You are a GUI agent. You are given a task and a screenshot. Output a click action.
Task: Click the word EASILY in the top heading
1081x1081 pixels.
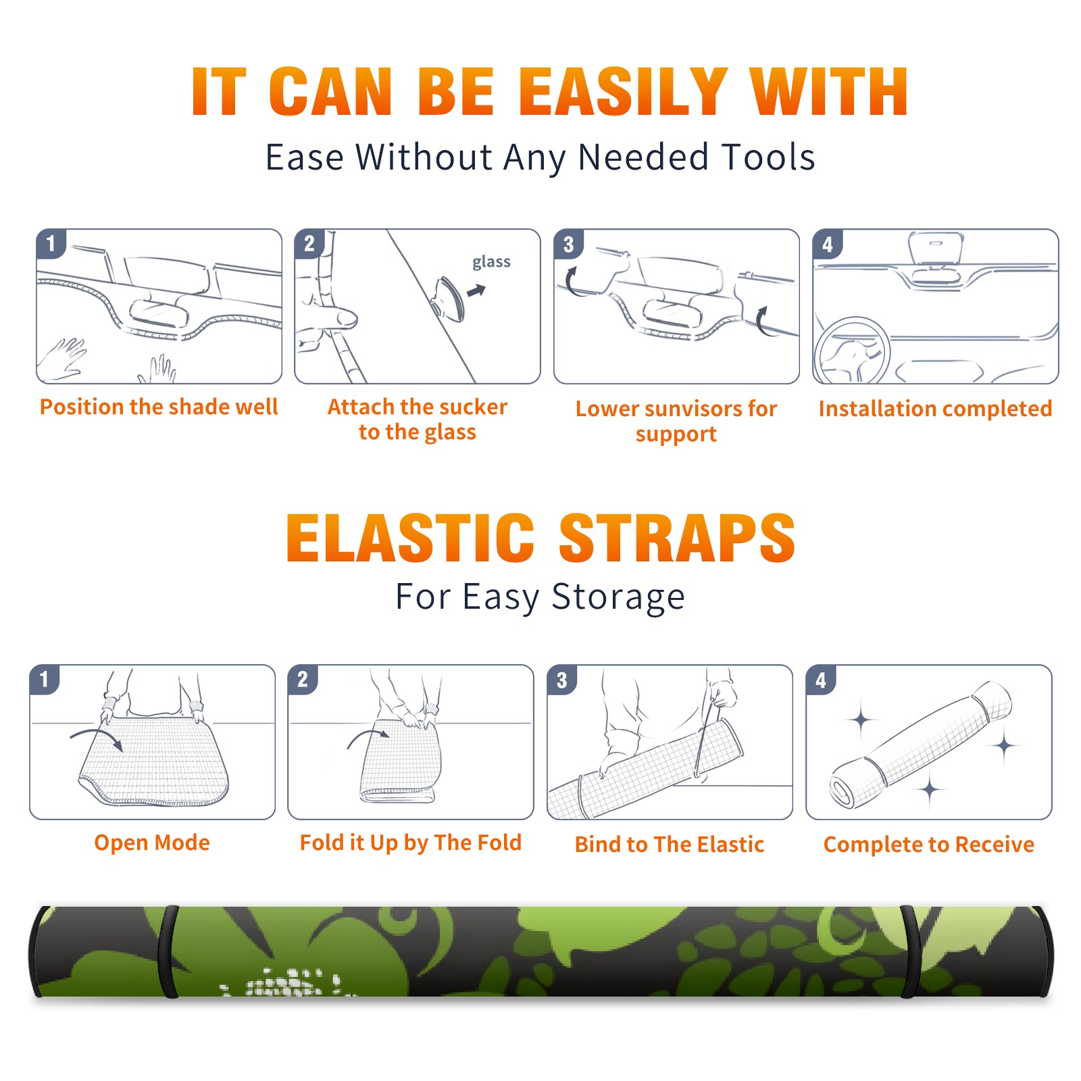click(622, 91)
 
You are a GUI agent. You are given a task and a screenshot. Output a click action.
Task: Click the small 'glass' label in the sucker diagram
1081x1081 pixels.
click(491, 262)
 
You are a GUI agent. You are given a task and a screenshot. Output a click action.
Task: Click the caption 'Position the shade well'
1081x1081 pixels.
click(159, 407)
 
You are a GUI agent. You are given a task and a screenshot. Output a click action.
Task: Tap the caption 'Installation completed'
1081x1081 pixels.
click(935, 408)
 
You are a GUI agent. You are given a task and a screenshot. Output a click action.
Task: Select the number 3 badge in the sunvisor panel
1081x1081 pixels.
click(569, 245)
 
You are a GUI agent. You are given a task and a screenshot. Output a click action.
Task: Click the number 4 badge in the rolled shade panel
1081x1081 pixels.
click(821, 680)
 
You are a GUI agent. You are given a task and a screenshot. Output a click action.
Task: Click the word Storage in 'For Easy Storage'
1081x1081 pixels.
click(618, 597)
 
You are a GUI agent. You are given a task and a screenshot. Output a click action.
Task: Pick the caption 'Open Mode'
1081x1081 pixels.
click(152, 843)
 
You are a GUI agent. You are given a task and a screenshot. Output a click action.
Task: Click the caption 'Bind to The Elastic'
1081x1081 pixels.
click(670, 844)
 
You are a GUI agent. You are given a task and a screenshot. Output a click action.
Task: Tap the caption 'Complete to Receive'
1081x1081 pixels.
click(929, 844)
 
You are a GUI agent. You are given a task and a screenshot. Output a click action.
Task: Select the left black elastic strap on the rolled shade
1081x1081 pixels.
click(169, 951)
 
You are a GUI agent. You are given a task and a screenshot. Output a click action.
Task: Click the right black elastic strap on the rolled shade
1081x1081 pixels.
click(909, 951)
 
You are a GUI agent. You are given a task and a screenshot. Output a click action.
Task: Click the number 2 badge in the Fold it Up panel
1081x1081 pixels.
click(303, 680)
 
